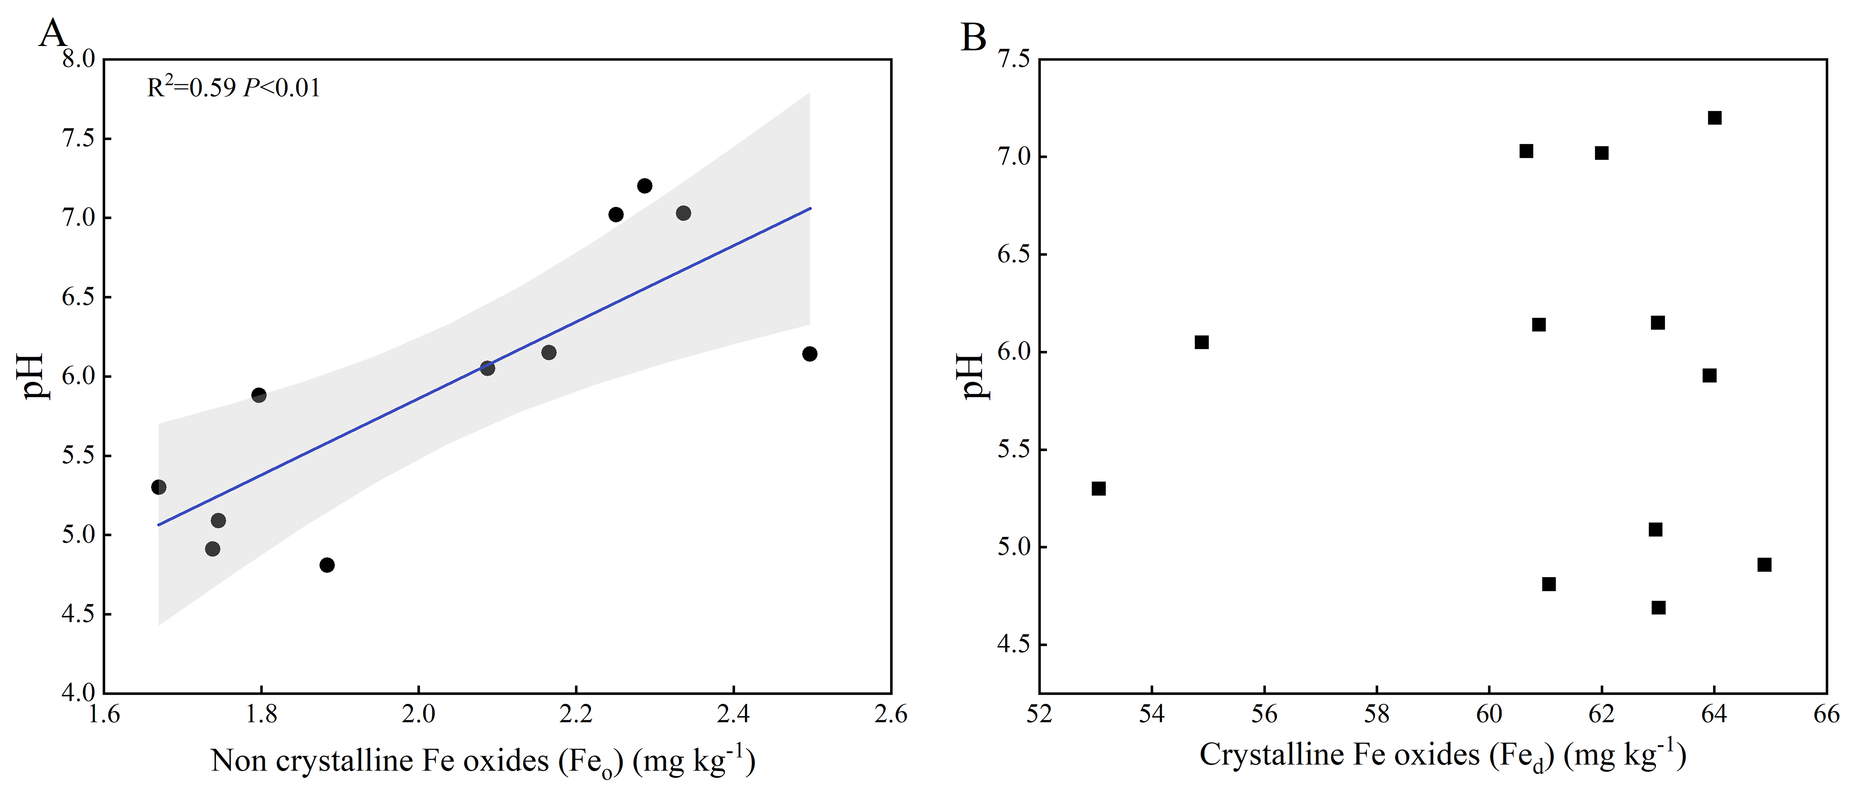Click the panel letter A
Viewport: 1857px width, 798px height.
point(53,33)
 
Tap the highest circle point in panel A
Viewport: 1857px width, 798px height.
point(644,186)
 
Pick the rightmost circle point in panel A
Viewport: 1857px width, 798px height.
point(810,354)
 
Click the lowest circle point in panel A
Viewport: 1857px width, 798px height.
point(327,565)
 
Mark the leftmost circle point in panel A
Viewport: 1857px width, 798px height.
point(159,487)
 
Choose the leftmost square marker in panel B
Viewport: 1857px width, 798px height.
point(1099,489)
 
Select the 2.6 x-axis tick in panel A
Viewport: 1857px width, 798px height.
point(891,714)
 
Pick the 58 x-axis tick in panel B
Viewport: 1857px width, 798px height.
point(1377,714)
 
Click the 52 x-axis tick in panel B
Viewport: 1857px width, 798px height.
point(1039,714)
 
